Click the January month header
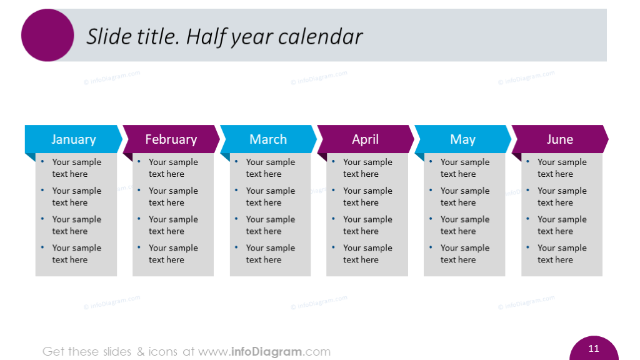tap(74, 139)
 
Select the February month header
tap(171, 139)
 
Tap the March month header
tap(268, 139)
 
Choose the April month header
tap(365, 139)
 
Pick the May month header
tap(462, 139)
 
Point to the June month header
tap(559, 139)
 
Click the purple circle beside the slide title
tap(47, 35)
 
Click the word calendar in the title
tap(321, 37)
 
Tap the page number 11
tap(594, 349)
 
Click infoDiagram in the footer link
tap(266, 351)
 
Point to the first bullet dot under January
tap(42, 162)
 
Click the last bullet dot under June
tap(527, 247)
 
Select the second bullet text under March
tap(270, 197)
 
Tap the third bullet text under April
tap(367, 225)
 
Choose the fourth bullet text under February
tap(173, 254)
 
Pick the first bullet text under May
tap(464, 168)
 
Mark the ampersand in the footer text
tap(141, 351)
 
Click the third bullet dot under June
tap(527, 219)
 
